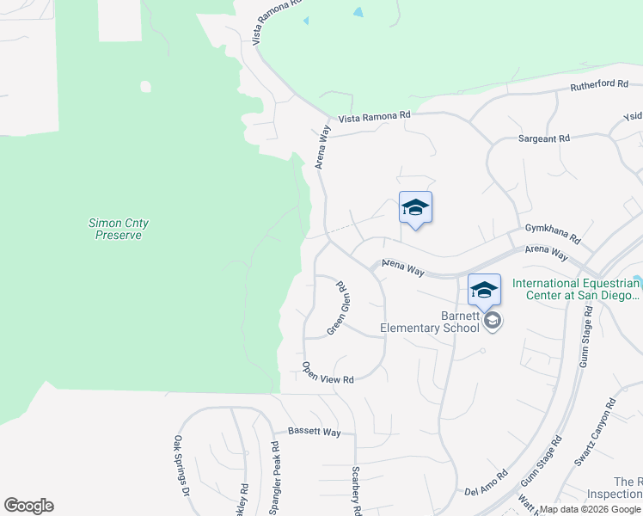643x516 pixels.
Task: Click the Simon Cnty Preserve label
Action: coord(119,229)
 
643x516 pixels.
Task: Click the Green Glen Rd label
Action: coord(340,308)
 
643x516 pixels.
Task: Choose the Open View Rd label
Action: coord(328,372)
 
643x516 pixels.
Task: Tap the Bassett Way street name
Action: coord(314,431)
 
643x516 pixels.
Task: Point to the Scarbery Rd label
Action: coord(357,490)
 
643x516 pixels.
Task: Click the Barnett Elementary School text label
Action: coord(431,321)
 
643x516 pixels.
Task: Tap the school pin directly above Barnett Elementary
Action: coord(484,291)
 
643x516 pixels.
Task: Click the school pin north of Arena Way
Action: coord(415,208)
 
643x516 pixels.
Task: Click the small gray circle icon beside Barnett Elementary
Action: coord(493,321)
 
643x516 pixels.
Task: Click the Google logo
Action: coord(28,506)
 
